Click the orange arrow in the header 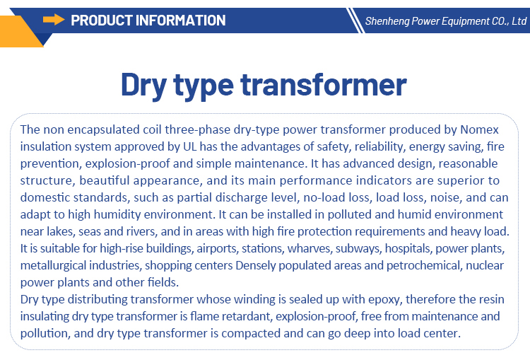(54, 20)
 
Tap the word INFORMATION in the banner (180, 21)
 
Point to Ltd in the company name (519, 21)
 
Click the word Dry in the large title (143, 85)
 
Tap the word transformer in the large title (324, 84)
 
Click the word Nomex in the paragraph (479, 129)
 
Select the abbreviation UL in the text (189, 146)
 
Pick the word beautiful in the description (105, 180)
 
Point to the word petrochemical (424, 266)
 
